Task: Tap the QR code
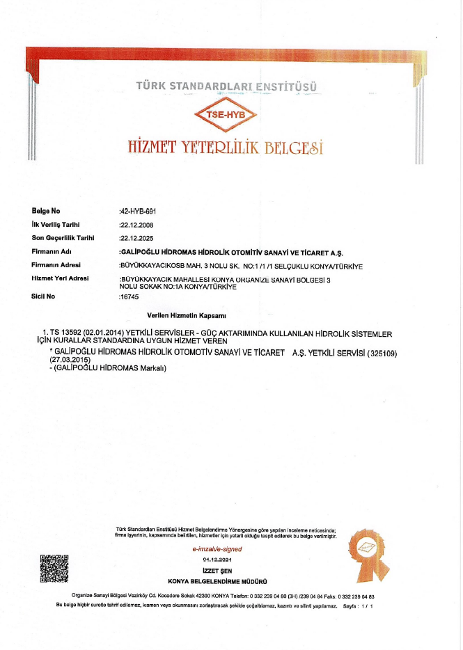point(55,568)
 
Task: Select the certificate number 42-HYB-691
point(143,210)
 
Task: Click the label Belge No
point(47,210)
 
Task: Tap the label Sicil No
point(44,296)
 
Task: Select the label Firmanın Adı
point(52,251)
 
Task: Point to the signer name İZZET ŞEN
point(217,571)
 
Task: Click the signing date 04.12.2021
point(217,560)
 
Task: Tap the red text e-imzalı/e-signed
point(217,549)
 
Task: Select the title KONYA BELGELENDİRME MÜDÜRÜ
point(218,581)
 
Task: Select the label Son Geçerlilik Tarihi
point(62,237)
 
